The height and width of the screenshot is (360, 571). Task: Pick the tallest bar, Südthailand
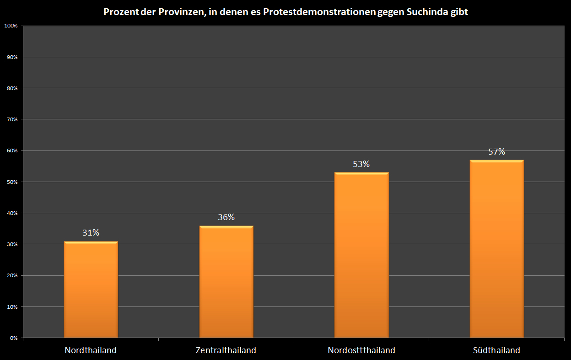click(497, 249)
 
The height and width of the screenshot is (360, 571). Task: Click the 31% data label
click(91, 233)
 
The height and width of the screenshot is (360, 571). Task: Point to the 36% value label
click(226, 217)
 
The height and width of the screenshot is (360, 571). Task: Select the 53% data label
click(361, 164)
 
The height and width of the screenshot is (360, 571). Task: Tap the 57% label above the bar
click(497, 152)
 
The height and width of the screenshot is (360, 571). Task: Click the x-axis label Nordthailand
click(91, 350)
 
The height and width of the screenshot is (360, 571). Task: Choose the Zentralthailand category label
click(226, 350)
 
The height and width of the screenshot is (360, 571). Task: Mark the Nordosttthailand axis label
click(361, 350)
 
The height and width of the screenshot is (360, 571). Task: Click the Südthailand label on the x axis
click(497, 350)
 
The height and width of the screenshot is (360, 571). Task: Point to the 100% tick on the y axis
click(11, 26)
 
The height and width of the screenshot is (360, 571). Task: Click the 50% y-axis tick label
click(12, 182)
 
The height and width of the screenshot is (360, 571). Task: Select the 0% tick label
click(14, 338)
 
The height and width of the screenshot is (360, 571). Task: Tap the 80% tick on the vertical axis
click(12, 88)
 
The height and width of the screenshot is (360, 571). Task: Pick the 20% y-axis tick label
click(12, 276)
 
